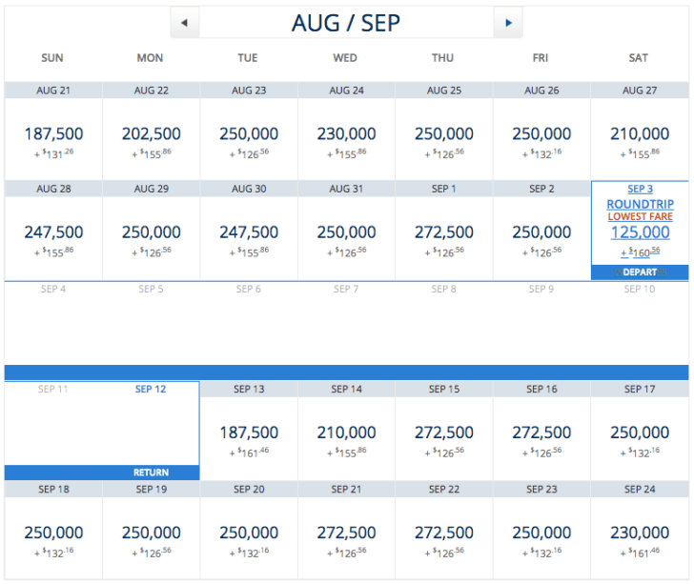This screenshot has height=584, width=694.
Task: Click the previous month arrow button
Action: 184,22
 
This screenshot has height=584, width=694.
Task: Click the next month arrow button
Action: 508,22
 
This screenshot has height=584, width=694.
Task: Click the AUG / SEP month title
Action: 346,22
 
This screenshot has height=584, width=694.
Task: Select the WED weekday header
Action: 345,58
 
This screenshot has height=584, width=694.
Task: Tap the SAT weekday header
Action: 639,58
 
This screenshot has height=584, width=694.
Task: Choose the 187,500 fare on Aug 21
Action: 53,134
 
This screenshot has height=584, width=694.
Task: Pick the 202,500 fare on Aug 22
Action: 151,134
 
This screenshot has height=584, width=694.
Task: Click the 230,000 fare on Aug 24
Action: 346,134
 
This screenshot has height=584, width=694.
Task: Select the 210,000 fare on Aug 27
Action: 639,134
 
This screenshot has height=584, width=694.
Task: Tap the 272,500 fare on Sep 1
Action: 443,232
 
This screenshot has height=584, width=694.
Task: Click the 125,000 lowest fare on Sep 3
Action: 639,233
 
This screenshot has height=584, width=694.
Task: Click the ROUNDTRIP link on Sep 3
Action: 640,204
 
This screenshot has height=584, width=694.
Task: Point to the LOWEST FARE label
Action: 640,217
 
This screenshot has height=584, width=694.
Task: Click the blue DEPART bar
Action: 640,272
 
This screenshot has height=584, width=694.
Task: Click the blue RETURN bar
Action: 102,473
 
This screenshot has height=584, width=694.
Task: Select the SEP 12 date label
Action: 151,389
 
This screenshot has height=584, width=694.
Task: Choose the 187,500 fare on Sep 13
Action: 248,433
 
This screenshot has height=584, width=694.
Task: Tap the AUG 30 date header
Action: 248,189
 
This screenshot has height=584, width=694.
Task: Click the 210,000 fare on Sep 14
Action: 346,433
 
